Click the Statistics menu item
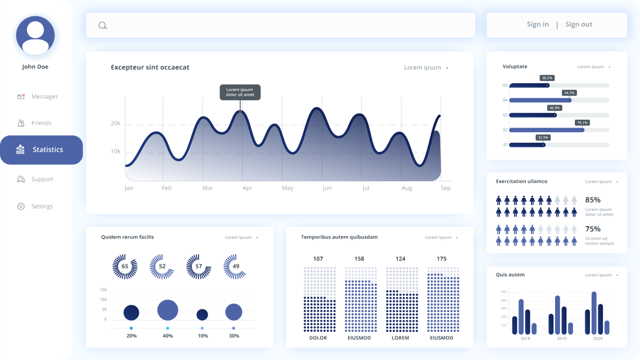point(41,150)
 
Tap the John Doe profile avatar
point(35,35)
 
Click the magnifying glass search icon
point(102,25)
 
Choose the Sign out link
point(579,24)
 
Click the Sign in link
point(538,24)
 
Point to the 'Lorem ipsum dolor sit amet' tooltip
point(240,92)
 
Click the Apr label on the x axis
point(247,188)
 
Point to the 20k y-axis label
point(115,123)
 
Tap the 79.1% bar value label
point(582,123)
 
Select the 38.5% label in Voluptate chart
point(547,78)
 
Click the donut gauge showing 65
point(125,266)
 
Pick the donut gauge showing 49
point(236,266)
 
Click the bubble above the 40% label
point(168,310)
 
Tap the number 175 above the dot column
point(441,259)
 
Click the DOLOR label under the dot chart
point(318,338)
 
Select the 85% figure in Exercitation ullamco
point(593,200)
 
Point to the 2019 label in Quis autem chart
point(561,339)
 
